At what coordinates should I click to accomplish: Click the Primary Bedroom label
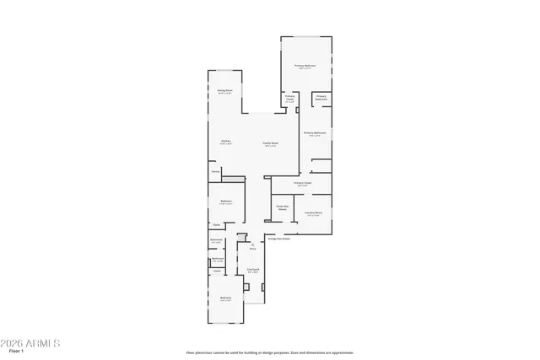coord(305,66)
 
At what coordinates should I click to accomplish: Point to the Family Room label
coord(270,143)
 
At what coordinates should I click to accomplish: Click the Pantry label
coord(216,170)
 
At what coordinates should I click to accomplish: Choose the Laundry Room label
coord(313,212)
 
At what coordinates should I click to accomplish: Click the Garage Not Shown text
coord(279,239)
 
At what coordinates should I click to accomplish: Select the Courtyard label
coord(252,270)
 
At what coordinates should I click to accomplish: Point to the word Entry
coord(252,249)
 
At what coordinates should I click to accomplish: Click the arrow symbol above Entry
coord(252,244)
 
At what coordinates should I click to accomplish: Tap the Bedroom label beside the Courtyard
coord(226,298)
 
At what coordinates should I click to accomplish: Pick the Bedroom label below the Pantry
coord(226,201)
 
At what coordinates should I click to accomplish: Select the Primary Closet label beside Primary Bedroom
coord(289,98)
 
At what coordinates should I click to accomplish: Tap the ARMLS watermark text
coord(31,343)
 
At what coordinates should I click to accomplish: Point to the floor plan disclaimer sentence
coord(270,352)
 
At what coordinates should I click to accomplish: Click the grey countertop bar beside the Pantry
coord(233,178)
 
